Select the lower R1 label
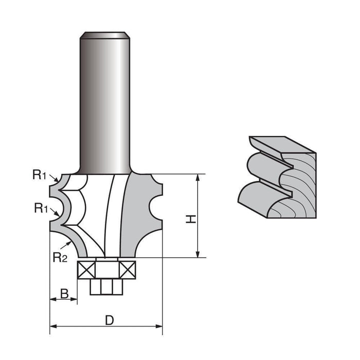click(x=41, y=208)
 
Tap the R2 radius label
click(x=60, y=257)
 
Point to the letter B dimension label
click(x=64, y=294)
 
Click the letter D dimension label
click(x=109, y=320)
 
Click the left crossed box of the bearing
click(x=84, y=269)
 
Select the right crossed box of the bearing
click(x=129, y=269)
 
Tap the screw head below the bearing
click(x=106, y=286)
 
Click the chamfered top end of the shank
click(x=104, y=35)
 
